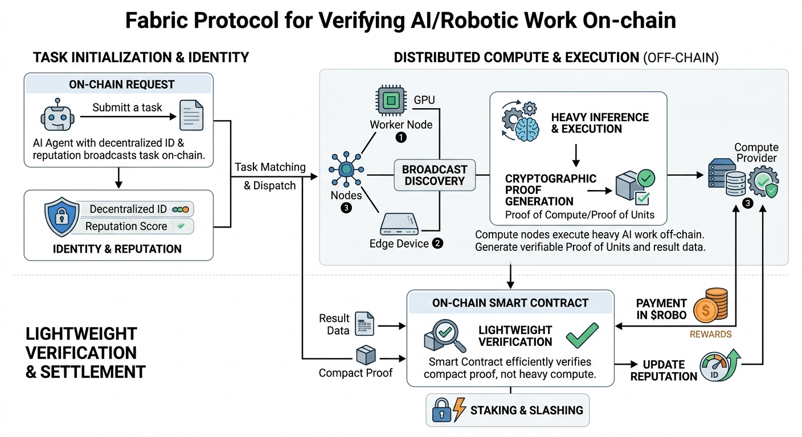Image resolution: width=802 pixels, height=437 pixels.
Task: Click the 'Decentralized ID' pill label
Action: (129, 209)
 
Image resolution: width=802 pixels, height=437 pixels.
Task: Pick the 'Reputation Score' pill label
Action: (126, 226)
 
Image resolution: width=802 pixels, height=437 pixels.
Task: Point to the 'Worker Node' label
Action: (401, 125)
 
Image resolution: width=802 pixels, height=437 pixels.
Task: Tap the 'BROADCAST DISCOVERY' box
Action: (435, 175)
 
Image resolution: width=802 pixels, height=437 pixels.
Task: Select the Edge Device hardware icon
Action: (399, 224)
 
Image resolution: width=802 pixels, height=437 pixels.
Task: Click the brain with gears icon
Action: (521, 121)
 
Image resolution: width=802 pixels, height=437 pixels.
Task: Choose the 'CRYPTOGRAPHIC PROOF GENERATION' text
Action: (539, 189)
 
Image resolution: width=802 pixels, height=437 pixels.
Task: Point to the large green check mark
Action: (582, 335)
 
